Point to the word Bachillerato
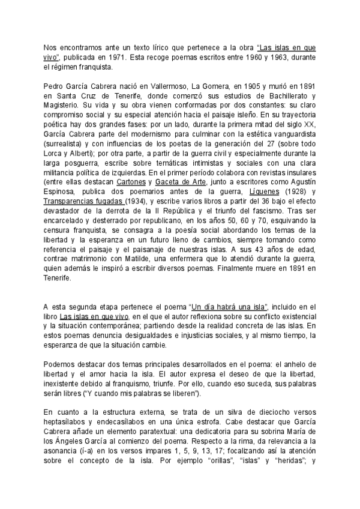281,96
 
